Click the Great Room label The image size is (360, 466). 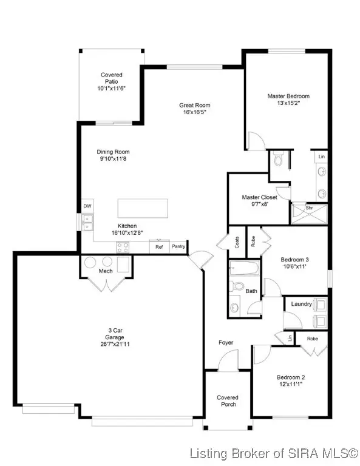195,105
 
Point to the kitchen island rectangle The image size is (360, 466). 141,206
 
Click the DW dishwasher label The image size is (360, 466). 87,206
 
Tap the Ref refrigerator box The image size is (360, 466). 159,247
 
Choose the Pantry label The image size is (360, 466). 178,247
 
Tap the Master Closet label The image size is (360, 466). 259,198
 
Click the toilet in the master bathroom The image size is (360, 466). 278,159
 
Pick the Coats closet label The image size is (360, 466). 236,241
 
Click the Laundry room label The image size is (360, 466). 302,303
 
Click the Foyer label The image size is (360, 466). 226,343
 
